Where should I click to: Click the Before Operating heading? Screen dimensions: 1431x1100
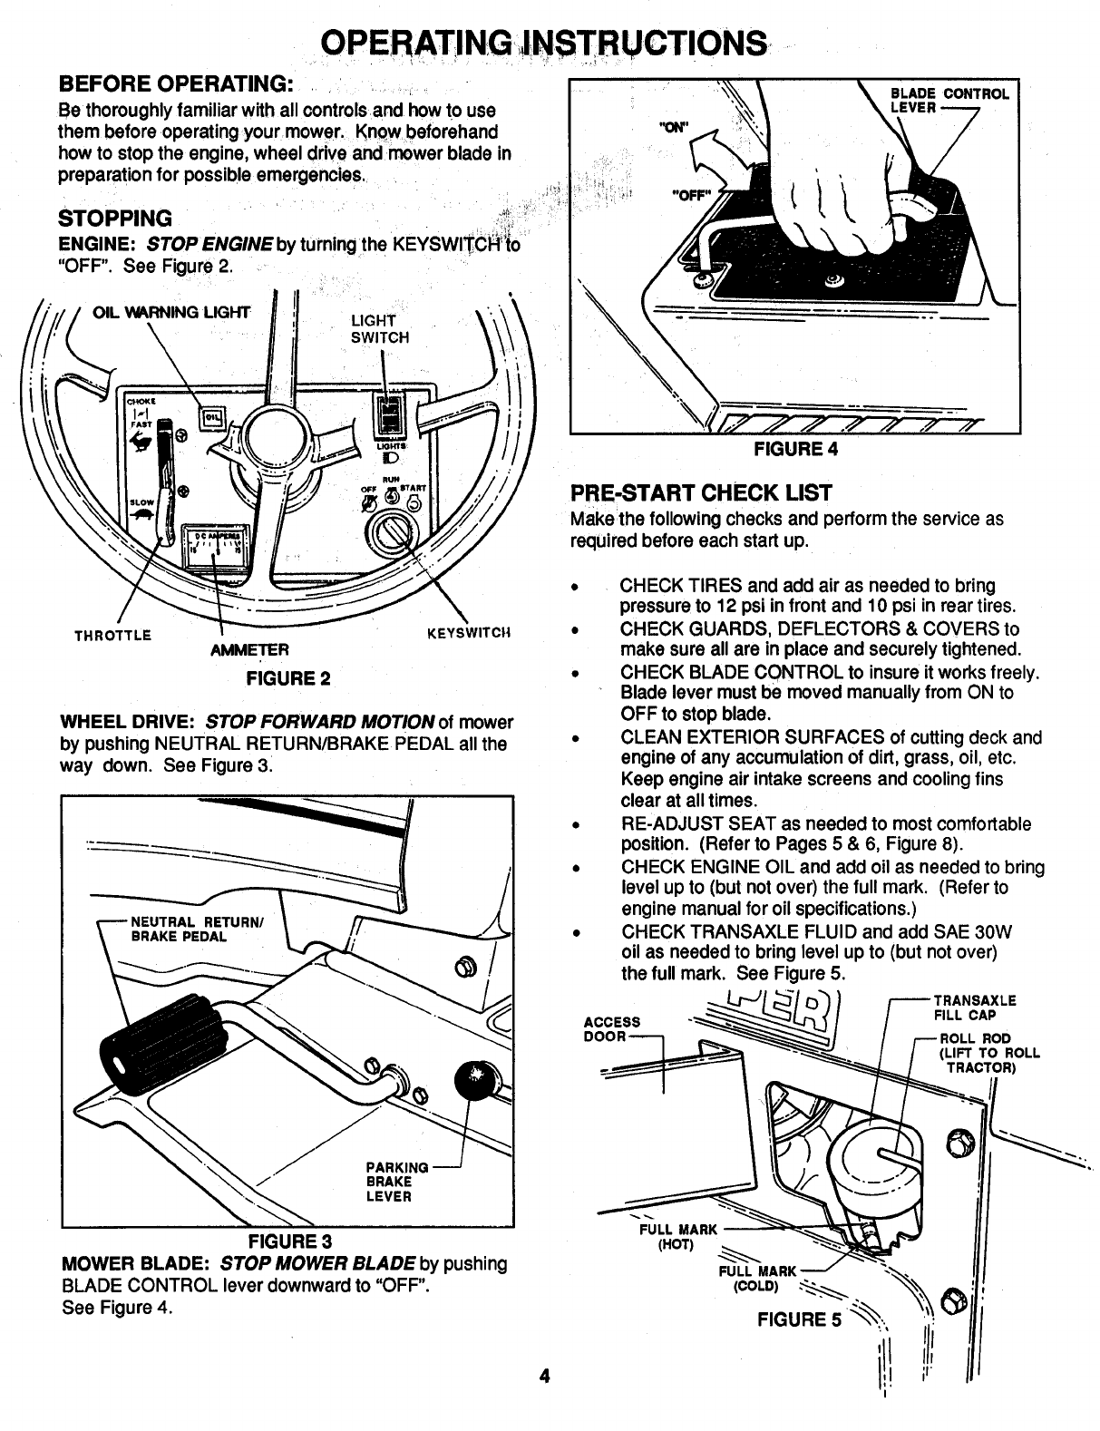(175, 84)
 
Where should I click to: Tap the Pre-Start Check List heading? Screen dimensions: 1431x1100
(701, 493)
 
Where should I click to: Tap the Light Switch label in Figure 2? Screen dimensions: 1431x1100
(379, 328)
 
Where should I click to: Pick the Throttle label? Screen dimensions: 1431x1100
(112, 635)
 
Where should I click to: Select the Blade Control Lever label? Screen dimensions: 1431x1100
(949, 100)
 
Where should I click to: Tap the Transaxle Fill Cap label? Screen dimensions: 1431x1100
(975, 1008)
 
